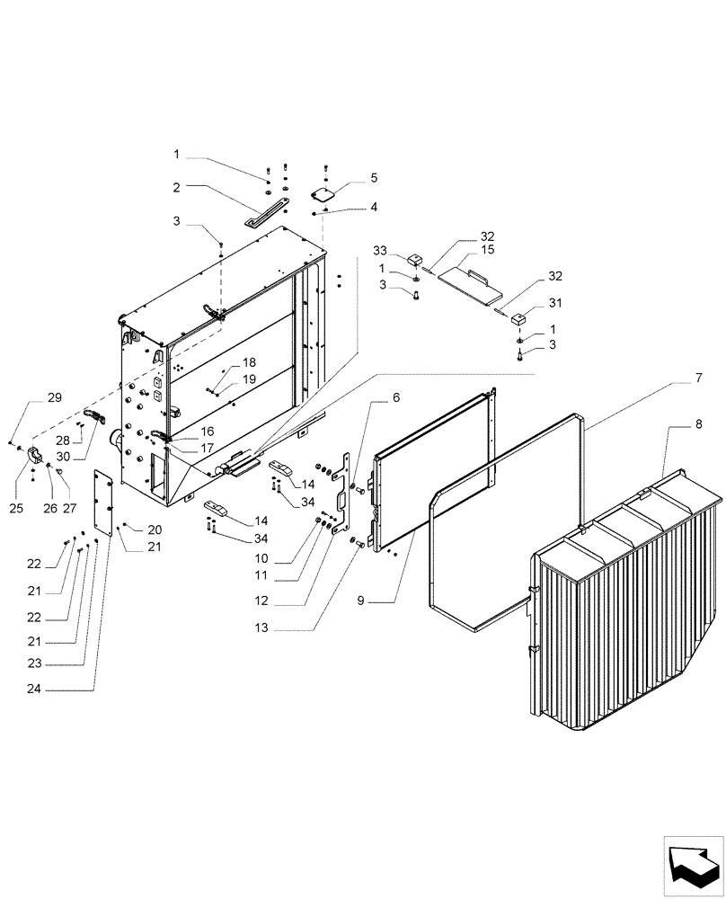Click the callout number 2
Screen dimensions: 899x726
[x=177, y=188]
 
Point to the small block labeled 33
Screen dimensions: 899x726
[x=416, y=260]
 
